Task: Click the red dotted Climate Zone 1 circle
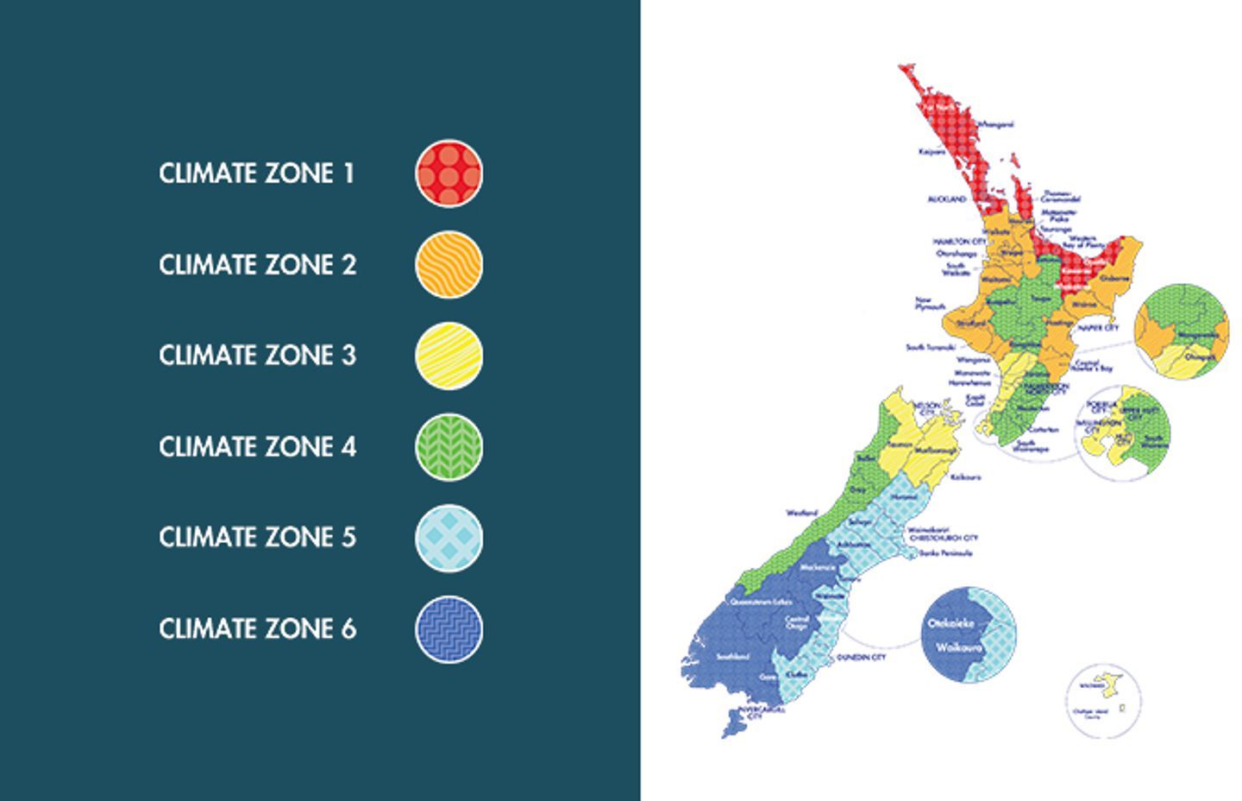point(448,173)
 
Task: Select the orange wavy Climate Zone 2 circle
point(448,264)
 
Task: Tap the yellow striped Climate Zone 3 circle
point(448,356)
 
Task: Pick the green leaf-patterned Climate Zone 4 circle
point(448,447)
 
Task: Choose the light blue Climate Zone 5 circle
point(448,538)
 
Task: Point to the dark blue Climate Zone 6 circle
point(448,629)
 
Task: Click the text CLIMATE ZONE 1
point(256,173)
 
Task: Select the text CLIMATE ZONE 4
point(257,447)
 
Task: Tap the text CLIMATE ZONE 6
point(257,629)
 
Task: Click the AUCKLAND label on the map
point(947,199)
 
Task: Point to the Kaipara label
point(932,152)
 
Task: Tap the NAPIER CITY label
point(1098,328)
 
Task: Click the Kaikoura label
point(964,476)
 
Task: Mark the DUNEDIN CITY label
point(861,658)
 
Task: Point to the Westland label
point(801,513)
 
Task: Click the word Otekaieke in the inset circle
point(950,623)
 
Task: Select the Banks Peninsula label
point(945,553)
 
